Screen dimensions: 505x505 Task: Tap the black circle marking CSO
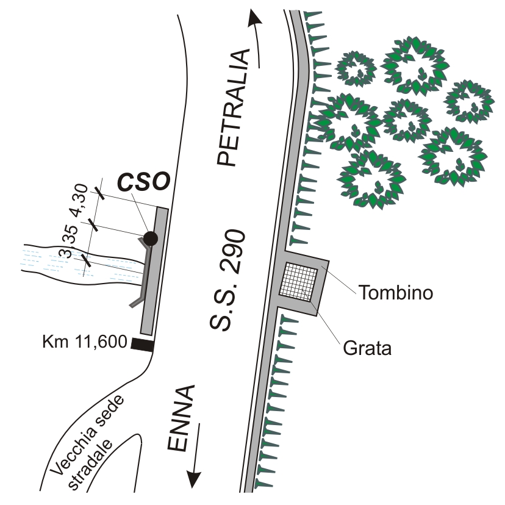click(x=150, y=238)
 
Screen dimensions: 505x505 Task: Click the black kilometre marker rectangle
click(x=141, y=345)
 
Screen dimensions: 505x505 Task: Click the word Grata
click(x=366, y=349)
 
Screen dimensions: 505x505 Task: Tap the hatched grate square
click(x=299, y=281)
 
